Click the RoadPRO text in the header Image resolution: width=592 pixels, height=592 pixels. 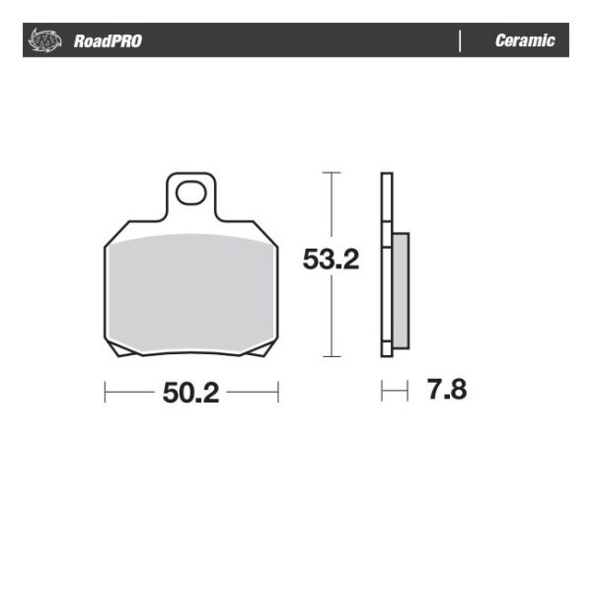108,41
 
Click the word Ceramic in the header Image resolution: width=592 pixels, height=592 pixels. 525,41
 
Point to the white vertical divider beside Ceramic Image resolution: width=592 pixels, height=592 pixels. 461,41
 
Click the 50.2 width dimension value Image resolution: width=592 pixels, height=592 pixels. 190,393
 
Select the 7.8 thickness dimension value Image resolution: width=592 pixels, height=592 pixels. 446,390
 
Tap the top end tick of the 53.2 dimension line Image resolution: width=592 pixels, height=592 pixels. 333,173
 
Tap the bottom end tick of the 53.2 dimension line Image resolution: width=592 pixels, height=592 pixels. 333,356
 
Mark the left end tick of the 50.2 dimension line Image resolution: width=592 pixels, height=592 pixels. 105,393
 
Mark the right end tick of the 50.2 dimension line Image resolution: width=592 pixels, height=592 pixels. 278,393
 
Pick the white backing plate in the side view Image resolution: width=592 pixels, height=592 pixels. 386,264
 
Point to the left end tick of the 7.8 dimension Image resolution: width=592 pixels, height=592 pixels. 382,392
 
